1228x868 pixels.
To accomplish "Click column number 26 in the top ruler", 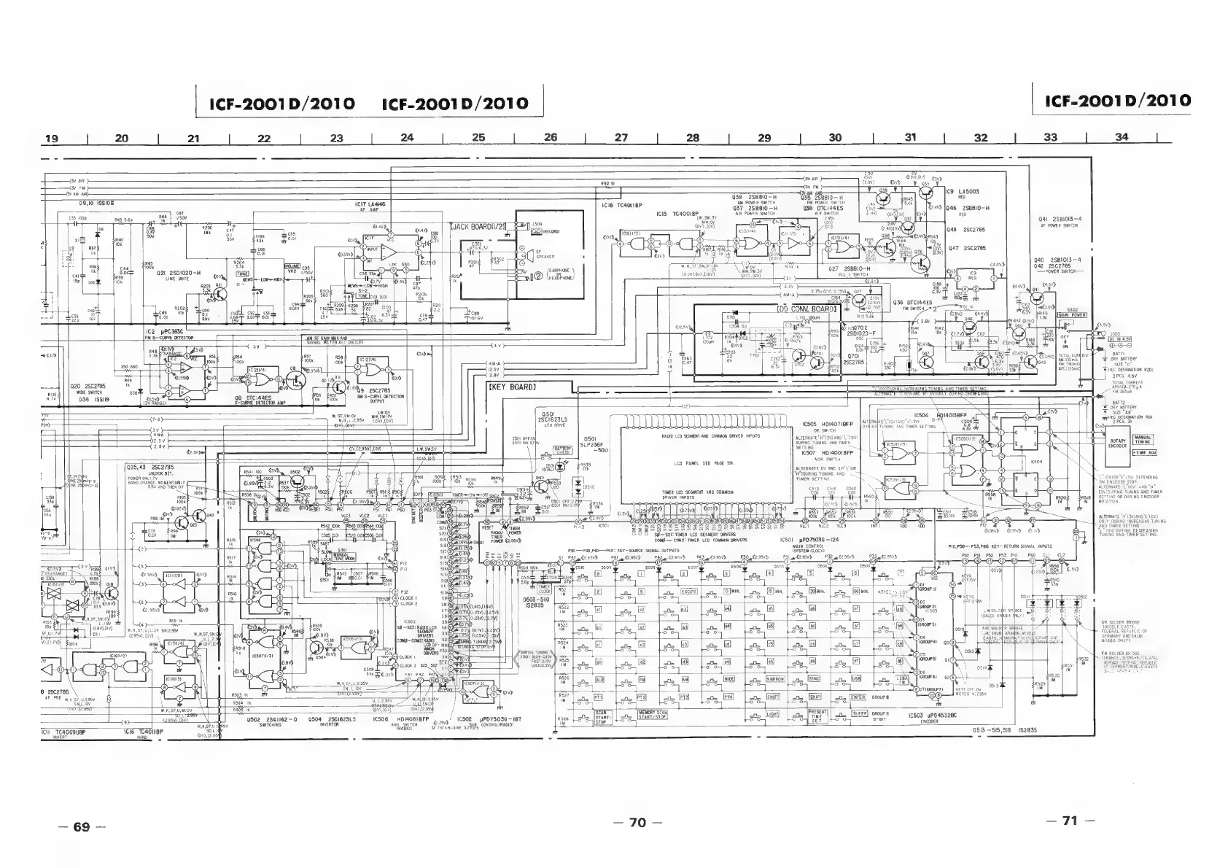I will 551,137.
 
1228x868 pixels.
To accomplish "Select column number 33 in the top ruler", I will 1050,137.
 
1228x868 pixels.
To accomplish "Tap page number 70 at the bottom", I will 637,823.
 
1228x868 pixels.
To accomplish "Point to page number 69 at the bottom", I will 81,826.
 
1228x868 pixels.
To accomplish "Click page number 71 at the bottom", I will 1069,821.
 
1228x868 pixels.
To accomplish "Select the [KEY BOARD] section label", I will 511,386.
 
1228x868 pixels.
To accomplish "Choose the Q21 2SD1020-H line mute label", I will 176,273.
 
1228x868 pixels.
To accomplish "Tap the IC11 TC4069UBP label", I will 61,731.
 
